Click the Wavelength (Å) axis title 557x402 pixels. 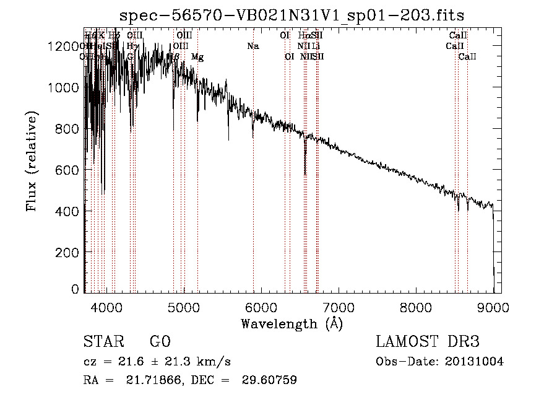(291, 323)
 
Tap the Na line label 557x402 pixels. (253, 46)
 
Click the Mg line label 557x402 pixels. (197, 57)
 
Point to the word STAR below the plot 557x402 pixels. (103, 342)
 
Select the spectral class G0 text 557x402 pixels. (160, 342)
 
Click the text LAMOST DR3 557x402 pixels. (428, 342)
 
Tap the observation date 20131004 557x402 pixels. (474, 362)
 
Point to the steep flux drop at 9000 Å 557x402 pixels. (493, 248)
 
